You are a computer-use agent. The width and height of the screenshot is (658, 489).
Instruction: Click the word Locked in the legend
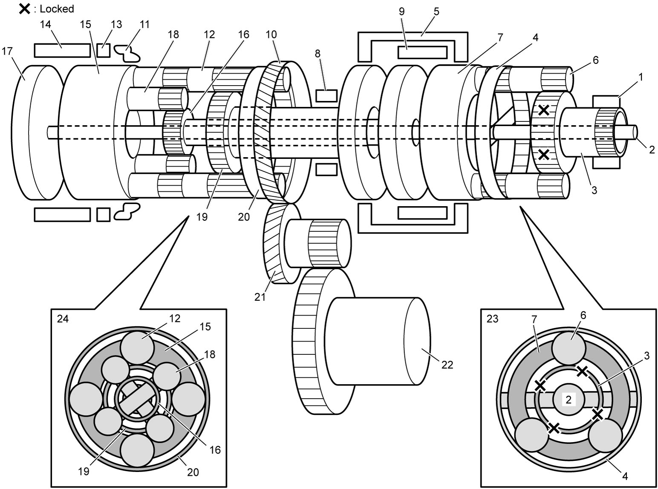point(57,9)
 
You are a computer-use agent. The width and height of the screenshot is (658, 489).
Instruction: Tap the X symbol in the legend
point(25,9)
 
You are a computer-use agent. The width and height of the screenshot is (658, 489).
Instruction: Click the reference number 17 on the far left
point(7,51)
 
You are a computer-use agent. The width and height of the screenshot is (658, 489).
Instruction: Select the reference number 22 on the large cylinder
point(447,365)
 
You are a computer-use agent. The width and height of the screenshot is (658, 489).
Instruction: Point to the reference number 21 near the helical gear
point(260,297)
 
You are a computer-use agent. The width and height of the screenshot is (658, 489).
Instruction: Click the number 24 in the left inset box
point(63,319)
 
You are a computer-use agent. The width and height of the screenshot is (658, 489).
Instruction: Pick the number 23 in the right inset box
point(493,319)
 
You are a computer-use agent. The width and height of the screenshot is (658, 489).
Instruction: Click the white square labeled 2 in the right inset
point(569,400)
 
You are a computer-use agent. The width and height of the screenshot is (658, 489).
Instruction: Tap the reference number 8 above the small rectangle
point(318,54)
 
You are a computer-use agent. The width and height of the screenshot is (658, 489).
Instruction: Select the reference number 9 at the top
point(401,12)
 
